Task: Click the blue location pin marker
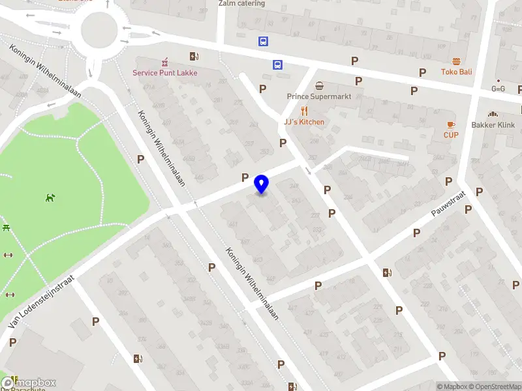(x=262, y=184)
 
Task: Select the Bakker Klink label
(x=493, y=125)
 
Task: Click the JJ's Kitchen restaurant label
(x=303, y=122)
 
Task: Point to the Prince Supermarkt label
(x=319, y=96)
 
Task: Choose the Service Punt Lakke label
(x=165, y=73)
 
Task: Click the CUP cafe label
(x=451, y=135)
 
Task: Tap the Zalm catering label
(x=241, y=3)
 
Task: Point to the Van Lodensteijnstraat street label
(x=40, y=300)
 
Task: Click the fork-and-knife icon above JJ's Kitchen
(x=303, y=111)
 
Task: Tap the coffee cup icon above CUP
(x=451, y=124)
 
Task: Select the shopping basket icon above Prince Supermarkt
(x=319, y=85)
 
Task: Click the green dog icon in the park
(x=50, y=197)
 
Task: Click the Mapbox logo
(x=29, y=383)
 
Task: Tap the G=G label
(x=499, y=89)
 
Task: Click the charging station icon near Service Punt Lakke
(x=192, y=56)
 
